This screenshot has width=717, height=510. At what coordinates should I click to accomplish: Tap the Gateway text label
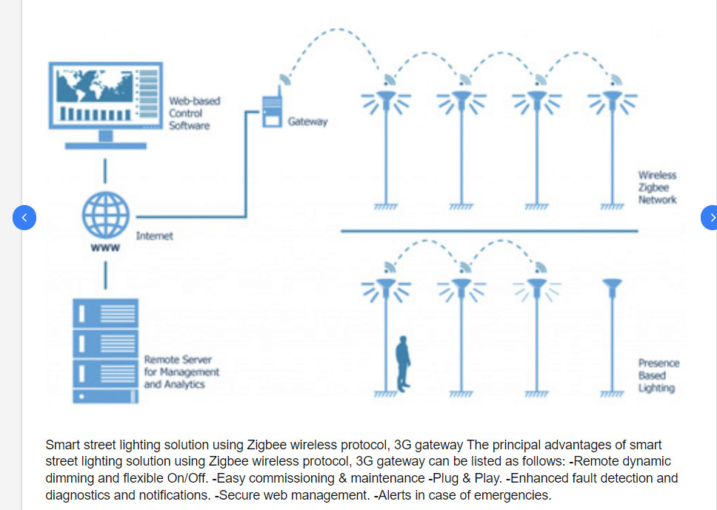(307, 121)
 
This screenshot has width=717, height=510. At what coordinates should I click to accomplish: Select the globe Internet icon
(105, 216)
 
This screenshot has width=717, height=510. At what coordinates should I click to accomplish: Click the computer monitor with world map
(105, 97)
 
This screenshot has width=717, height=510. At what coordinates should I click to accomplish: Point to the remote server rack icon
(105, 350)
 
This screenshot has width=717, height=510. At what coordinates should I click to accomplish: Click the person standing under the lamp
(403, 362)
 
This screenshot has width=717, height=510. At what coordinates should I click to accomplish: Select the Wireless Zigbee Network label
(657, 188)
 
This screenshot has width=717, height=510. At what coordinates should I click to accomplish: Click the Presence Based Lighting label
(658, 375)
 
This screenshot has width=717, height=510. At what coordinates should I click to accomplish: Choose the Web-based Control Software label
(194, 113)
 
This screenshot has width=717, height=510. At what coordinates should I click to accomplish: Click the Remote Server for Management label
(181, 372)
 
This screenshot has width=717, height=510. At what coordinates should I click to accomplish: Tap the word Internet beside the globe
(154, 236)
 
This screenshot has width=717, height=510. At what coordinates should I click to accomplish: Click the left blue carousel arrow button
(24, 218)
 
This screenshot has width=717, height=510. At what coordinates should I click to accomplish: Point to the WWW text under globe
(105, 249)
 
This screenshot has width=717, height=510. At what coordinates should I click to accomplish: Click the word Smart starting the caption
(61, 445)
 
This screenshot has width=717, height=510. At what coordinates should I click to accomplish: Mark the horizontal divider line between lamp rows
(489, 232)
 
